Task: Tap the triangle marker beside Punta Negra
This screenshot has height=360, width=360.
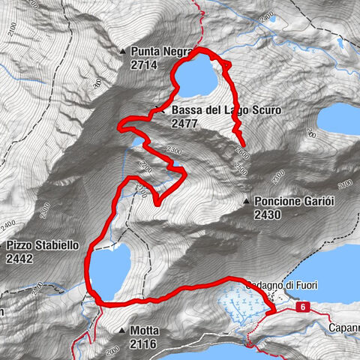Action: coord(123,52)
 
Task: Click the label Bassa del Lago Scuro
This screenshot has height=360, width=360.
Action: coord(226,110)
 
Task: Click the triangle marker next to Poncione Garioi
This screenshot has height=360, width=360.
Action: coord(247,202)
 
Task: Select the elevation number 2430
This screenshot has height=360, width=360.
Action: coord(268,215)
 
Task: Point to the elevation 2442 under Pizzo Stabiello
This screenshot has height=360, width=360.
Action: coord(19,259)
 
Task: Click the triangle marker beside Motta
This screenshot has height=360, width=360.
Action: coord(121,330)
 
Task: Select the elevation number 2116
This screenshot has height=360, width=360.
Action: coord(143,343)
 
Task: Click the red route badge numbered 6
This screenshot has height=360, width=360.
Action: coord(301,307)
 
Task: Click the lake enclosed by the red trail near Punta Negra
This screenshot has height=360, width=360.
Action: coord(199,77)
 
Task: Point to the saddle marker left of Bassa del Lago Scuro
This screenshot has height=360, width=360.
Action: coord(158,111)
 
